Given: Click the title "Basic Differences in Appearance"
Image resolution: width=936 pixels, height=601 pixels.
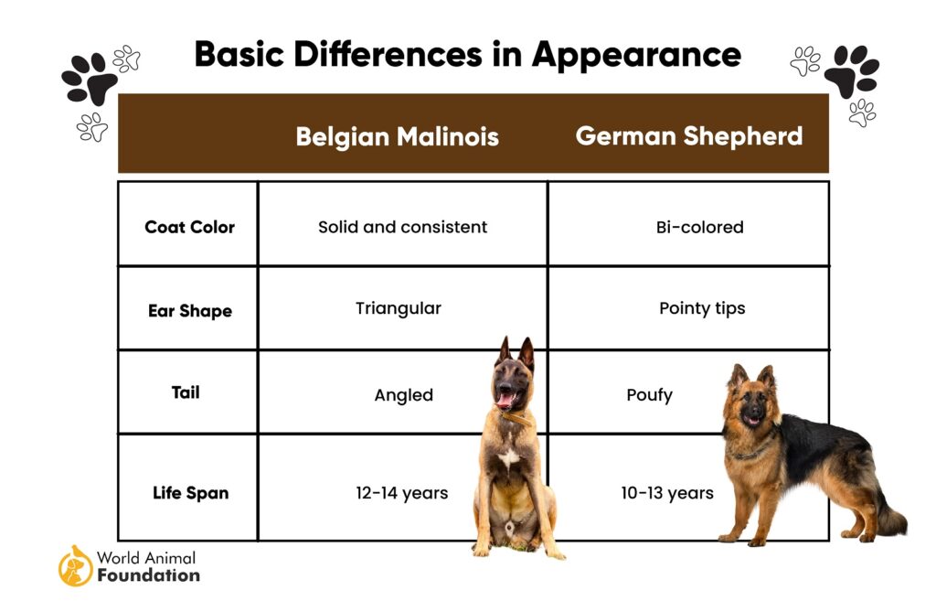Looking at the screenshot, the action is (467, 55).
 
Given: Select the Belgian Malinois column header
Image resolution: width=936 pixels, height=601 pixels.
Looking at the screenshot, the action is (397, 137).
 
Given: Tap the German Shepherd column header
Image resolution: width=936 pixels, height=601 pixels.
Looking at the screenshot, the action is (689, 136).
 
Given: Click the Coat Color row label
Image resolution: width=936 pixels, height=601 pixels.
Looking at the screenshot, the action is (190, 227).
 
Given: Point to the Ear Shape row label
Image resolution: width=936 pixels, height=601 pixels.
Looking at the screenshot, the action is (190, 311).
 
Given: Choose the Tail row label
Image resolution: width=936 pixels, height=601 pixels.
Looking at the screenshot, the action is (186, 392).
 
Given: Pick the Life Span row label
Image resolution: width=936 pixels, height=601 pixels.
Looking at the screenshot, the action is (190, 493).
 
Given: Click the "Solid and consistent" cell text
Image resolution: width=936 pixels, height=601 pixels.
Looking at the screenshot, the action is (403, 227).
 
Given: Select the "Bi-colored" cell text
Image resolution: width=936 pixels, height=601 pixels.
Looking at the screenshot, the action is (699, 227).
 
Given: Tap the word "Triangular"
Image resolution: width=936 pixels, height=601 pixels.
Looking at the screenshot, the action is (399, 308).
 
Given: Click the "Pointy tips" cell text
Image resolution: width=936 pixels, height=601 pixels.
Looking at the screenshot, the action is (702, 308).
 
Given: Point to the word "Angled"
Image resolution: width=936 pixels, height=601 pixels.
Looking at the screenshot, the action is (403, 395).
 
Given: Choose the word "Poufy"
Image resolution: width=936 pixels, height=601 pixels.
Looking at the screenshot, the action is (650, 395).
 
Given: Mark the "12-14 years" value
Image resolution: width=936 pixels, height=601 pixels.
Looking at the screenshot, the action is (402, 493).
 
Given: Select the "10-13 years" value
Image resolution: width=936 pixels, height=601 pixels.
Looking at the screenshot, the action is (667, 493).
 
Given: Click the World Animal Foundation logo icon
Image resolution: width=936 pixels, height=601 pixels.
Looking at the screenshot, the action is (75, 565).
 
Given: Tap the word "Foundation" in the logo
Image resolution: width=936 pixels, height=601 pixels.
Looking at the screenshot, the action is (149, 576).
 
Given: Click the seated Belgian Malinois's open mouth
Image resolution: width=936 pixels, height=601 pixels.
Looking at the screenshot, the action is (505, 399).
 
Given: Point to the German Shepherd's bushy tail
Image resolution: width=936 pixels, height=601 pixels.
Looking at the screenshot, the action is (888, 519).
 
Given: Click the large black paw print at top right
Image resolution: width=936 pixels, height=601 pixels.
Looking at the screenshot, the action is (852, 71).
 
